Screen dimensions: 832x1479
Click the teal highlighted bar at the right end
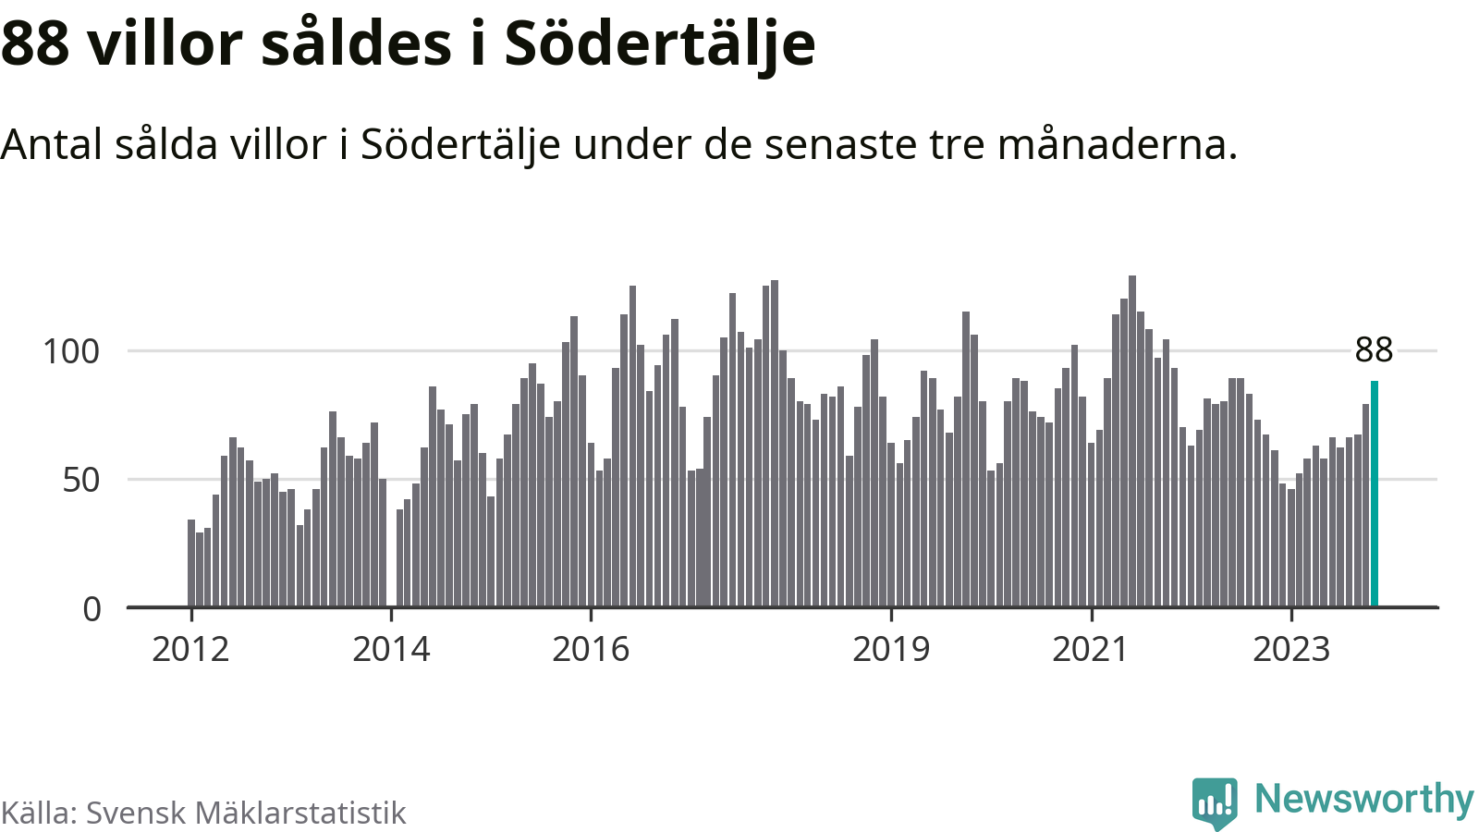click(x=1375, y=494)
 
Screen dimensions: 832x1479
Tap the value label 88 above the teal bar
click(x=1374, y=350)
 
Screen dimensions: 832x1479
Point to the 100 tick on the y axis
click(x=71, y=351)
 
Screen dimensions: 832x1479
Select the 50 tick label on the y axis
click(x=81, y=480)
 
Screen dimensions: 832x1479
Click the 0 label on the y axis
click(x=92, y=609)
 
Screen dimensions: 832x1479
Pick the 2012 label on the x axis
click(x=190, y=650)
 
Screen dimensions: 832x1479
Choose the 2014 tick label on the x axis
click(x=391, y=650)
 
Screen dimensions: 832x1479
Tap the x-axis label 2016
click(x=591, y=650)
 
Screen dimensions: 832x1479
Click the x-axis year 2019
click(x=891, y=650)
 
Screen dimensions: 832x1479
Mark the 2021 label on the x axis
click(x=1091, y=650)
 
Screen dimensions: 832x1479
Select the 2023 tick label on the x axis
click(x=1291, y=650)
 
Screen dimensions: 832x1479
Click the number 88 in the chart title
click(x=35, y=43)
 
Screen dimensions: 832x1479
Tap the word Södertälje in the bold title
click(x=660, y=43)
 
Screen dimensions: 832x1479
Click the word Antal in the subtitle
click(x=52, y=144)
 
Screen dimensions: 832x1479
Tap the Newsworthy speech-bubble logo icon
click(x=1215, y=802)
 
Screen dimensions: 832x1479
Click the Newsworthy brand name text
click(x=1363, y=799)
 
